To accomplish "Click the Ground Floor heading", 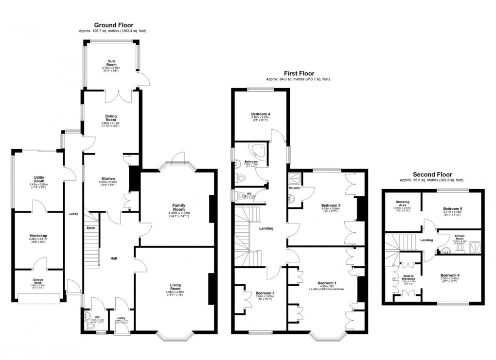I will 113,25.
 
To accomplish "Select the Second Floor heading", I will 432,174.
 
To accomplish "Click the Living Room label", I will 175,287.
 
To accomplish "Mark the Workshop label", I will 38,236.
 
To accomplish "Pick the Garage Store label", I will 38,279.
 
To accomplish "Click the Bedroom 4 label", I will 261,114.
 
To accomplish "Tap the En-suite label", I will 295,188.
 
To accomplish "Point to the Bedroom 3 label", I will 266,293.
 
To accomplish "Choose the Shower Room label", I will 460,238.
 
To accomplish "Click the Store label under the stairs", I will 90,227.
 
